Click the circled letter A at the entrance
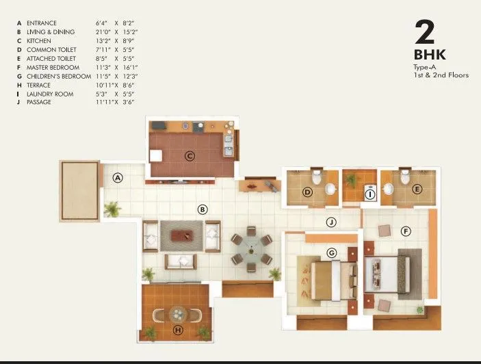tap(118, 178)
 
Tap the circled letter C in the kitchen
tap(190, 156)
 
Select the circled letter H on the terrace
tap(179, 330)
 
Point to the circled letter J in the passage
tap(330, 222)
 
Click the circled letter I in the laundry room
tap(370, 194)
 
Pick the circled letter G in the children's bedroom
tap(332, 253)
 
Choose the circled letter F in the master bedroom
tap(406, 231)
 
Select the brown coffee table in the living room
tap(182, 235)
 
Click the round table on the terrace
tap(179, 314)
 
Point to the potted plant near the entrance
tap(112, 208)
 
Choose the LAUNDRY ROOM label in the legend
tap(49, 94)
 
